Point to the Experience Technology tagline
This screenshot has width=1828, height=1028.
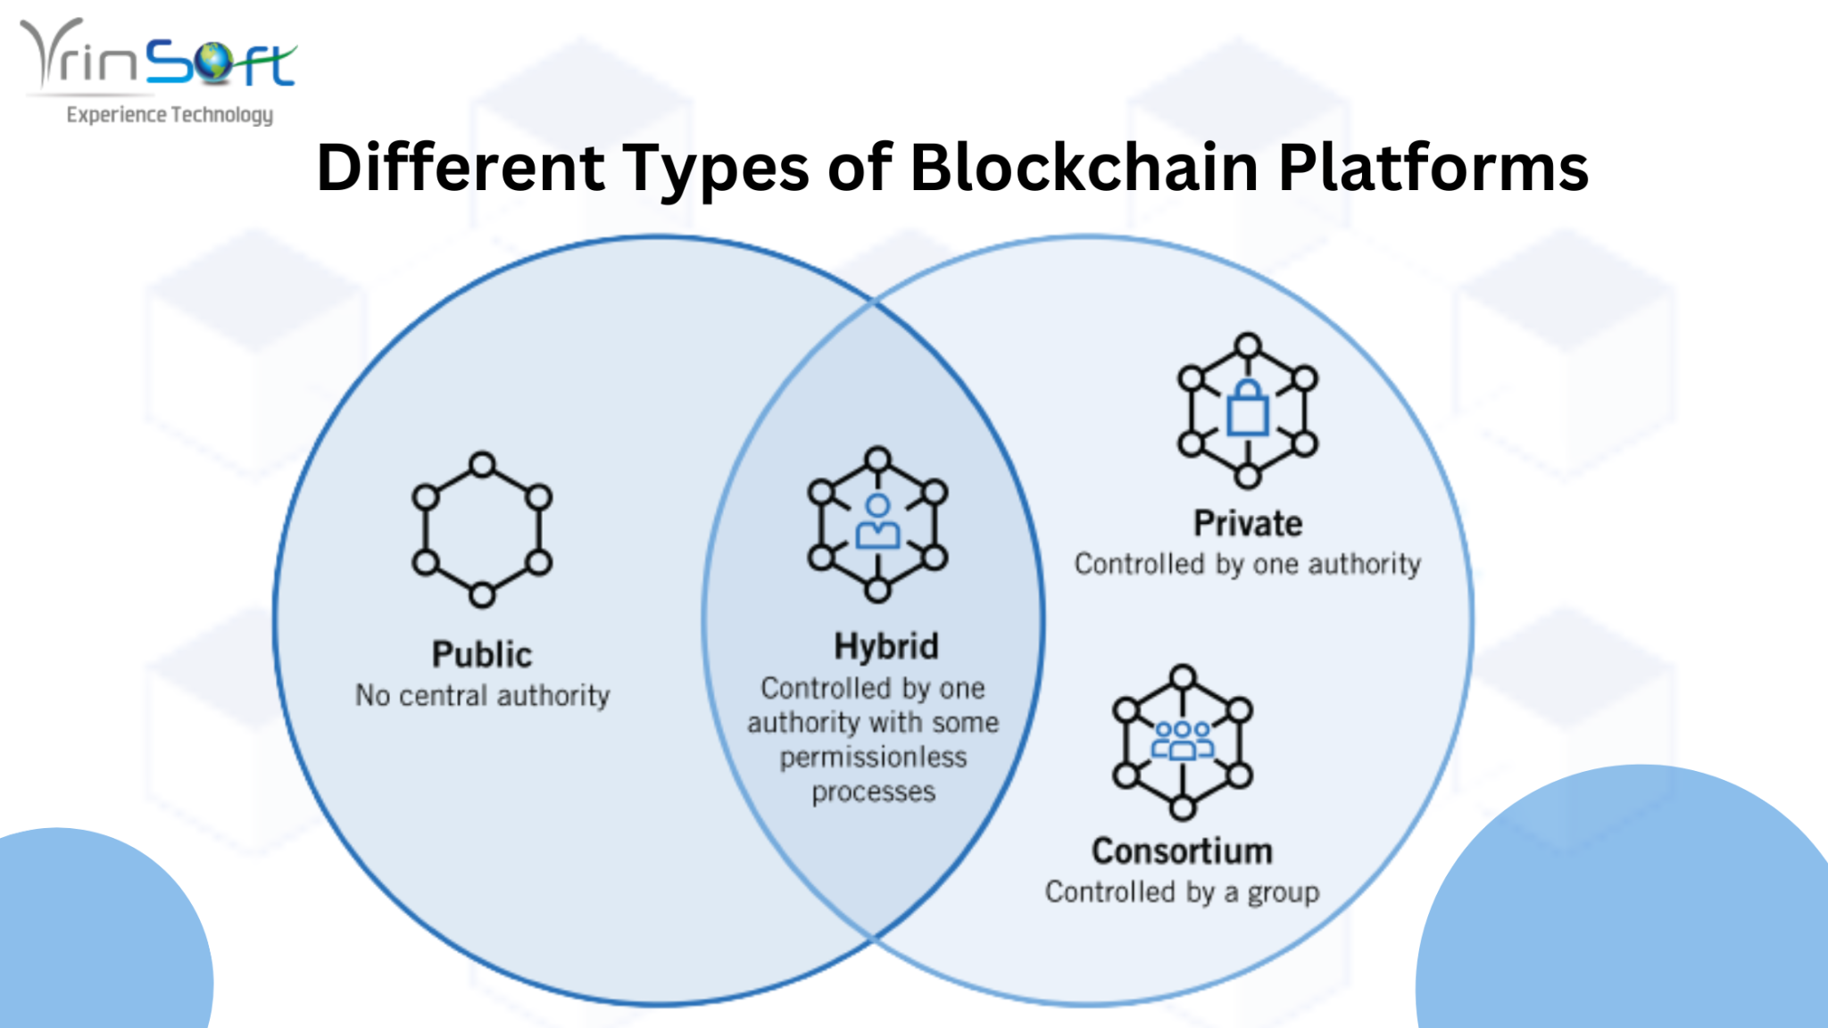pyautogui.click(x=170, y=115)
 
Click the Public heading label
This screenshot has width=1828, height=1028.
pyautogui.click(x=482, y=654)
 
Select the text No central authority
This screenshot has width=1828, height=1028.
pyautogui.click(x=482, y=695)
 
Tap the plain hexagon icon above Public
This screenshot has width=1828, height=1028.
pyautogui.click(x=482, y=529)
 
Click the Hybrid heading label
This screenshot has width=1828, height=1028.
pyautogui.click(x=885, y=646)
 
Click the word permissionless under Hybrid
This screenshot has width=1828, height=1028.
pyautogui.click(x=873, y=758)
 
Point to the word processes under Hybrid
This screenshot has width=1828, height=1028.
pyautogui.click(x=873, y=792)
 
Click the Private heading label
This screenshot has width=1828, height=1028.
pyautogui.click(x=1248, y=523)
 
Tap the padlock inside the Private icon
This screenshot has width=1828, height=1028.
pyautogui.click(x=1248, y=409)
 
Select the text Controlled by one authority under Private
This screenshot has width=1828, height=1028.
pyautogui.click(x=1248, y=564)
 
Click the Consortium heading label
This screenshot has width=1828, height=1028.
pyautogui.click(x=1182, y=851)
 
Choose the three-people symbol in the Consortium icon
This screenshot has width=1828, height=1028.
pyautogui.click(x=1182, y=741)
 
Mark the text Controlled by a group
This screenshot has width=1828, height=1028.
pyautogui.click(x=1182, y=892)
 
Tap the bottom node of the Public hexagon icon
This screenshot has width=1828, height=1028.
pyautogui.click(x=482, y=595)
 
